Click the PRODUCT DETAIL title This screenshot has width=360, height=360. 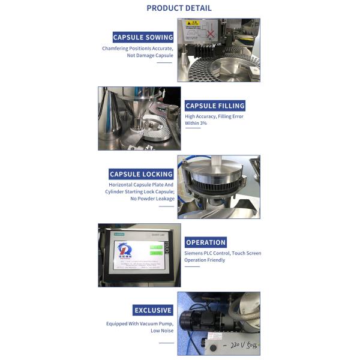tap(179, 8)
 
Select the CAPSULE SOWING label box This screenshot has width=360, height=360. tap(143, 37)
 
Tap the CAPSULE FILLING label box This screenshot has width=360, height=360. tap(215, 106)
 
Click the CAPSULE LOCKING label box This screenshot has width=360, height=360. tap(141, 174)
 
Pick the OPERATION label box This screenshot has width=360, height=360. tap(206, 242)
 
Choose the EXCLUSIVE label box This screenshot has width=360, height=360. tap(153, 310)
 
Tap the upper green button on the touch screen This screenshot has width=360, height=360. tap(156, 247)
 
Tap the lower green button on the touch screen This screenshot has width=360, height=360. tap(156, 253)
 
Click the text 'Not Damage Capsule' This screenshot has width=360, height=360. tap(149, 55)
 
